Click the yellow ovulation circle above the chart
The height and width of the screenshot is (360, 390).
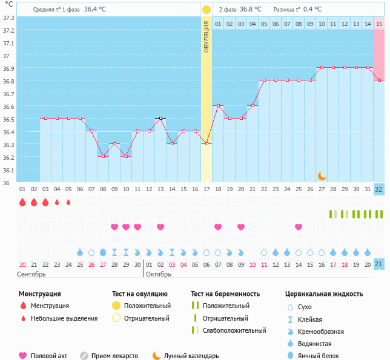206,10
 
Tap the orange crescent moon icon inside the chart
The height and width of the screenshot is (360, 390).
322,175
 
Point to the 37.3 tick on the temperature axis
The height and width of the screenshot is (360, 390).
8,18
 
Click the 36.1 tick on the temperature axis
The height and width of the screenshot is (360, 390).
8,170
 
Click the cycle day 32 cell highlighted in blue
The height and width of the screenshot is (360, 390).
379,189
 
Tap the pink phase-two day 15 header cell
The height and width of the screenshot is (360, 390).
379,24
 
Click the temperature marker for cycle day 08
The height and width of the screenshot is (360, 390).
103,156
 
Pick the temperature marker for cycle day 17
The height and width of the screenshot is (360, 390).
206,143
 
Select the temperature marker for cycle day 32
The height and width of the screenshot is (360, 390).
379,80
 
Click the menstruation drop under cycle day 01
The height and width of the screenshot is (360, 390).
22,202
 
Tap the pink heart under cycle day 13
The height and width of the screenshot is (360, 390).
160,227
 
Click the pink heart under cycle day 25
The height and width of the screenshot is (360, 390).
299,227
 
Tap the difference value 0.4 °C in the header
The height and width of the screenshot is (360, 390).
312,10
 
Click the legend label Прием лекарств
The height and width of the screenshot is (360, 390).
115,356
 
